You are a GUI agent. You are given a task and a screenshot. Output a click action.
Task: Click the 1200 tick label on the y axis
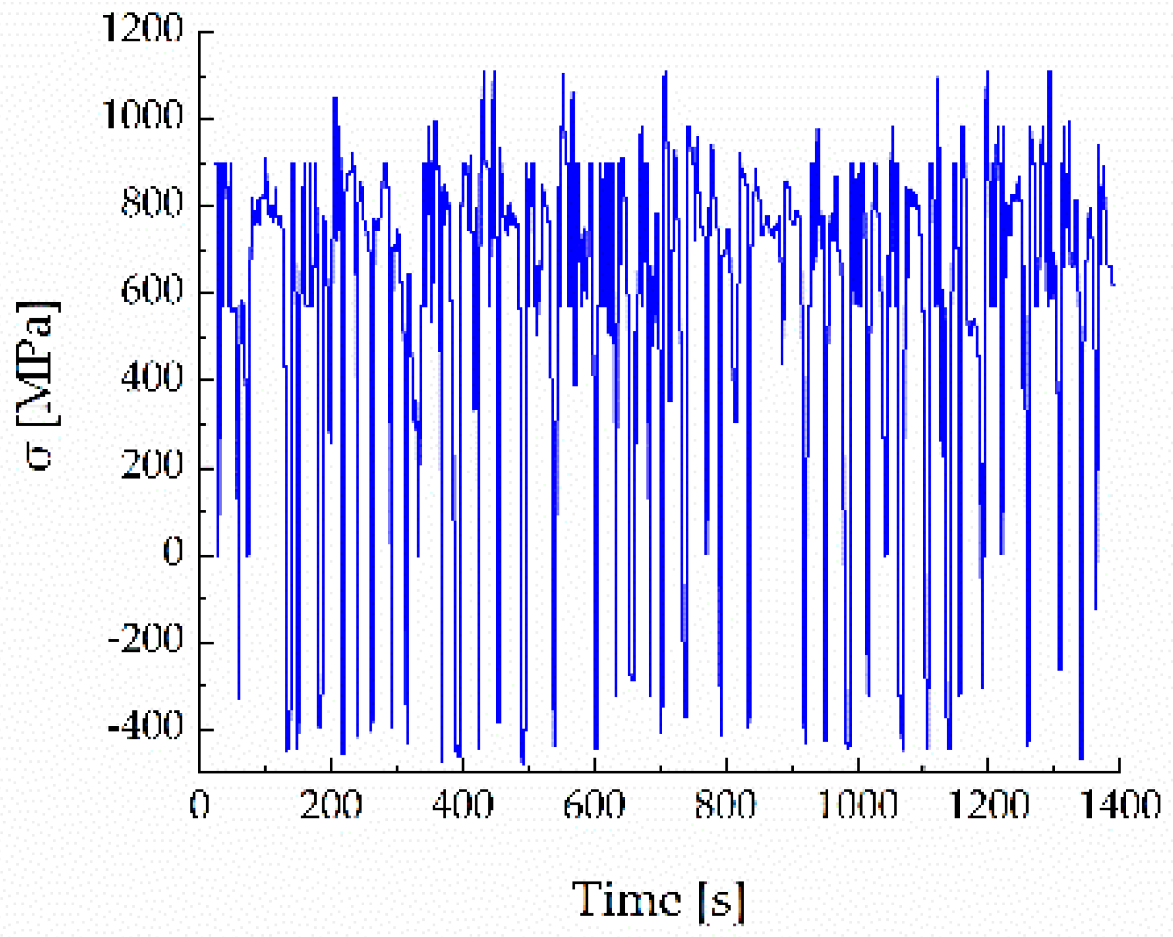(x=142, y=29)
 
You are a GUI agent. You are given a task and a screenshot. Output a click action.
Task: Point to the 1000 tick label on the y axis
(x=142, y=115)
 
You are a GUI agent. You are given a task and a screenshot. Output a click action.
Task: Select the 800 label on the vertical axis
(x=152, y=203)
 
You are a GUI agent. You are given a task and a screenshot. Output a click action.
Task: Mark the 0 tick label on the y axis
(x=172, y=552)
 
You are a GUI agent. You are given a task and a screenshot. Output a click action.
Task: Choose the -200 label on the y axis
(x=146, y=639)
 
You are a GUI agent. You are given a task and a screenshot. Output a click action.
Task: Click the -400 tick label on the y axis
(x=146, y=727)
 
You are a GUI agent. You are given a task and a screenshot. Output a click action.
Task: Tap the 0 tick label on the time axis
(x=199, y=805)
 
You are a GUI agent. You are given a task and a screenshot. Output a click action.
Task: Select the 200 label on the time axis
(x=331, y=805)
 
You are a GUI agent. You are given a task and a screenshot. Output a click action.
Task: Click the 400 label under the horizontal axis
(x=463, y=805)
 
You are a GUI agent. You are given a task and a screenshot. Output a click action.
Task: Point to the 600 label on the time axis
(x=594, y=805)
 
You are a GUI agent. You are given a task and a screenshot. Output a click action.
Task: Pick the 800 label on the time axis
(x=726, y=805)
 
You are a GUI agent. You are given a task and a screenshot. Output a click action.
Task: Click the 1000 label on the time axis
(x=858, y=805)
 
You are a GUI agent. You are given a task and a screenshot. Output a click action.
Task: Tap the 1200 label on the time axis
(x=989, y=805)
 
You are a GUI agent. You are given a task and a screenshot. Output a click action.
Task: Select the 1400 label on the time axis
(x=1121, y=805)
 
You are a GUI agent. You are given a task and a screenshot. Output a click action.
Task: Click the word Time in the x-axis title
(x=626, y=900)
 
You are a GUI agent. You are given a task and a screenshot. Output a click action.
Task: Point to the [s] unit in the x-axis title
(x=721, y=901)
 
